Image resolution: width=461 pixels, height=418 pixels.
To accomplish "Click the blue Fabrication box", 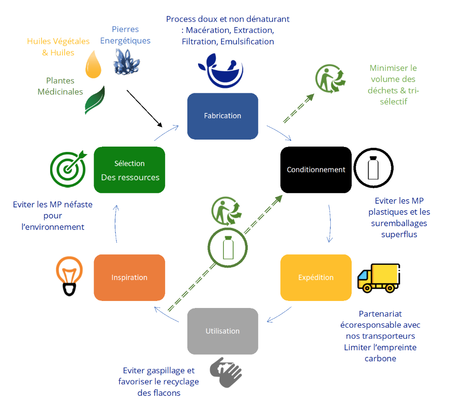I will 222,116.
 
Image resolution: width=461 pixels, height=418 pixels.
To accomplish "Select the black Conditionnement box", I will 316,170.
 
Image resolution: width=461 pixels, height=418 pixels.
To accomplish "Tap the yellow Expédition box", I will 316,277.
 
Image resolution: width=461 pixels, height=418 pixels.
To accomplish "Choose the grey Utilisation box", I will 222,331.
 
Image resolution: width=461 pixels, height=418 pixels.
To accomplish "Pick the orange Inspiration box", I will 129,277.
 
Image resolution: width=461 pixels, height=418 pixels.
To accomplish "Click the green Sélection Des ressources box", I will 129,170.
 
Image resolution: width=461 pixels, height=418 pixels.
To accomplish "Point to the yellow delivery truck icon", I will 378,278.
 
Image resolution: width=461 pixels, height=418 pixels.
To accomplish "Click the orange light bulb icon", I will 69,276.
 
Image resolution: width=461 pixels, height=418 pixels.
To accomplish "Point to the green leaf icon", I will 95,100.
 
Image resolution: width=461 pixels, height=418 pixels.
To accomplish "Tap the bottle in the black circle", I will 373,168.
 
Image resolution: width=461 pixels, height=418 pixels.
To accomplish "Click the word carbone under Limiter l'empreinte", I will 380,358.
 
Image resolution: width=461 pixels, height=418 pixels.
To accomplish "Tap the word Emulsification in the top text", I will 247,41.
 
